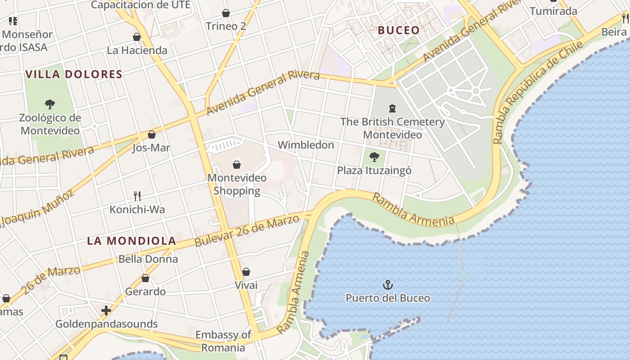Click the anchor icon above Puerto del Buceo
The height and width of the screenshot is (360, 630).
click(387, 285)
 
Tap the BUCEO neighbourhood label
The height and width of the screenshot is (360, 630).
click(399, 31)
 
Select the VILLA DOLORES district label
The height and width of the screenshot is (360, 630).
click(74, 74)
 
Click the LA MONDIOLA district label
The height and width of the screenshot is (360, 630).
click(131, 241)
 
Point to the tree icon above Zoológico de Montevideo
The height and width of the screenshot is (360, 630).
click(50, 104)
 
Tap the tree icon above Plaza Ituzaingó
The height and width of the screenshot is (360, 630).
click(373, 157)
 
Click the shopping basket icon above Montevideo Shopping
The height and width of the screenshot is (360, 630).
click(237, 165)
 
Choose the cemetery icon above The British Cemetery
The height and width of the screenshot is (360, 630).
click(392, 108)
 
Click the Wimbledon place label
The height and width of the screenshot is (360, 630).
click(306, 145)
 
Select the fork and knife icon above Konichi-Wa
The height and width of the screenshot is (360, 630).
click(137, 196)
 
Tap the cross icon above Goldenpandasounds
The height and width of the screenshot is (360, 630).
click(106, 310)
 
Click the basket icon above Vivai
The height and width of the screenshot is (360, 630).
click(246, 272)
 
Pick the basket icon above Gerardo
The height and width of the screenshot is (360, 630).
click(145, 278)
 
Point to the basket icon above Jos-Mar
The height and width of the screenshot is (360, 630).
click(152, 135)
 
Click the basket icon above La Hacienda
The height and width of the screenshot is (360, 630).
click(137, 37)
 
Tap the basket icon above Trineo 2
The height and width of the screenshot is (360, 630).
click(226, 13)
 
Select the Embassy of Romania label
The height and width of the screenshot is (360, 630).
click(223, 341)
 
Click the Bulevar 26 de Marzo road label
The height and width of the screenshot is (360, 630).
click(247, 231)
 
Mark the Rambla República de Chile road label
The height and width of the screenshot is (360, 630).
click(538, 92)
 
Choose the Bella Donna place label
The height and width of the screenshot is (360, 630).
click(148, 259)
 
